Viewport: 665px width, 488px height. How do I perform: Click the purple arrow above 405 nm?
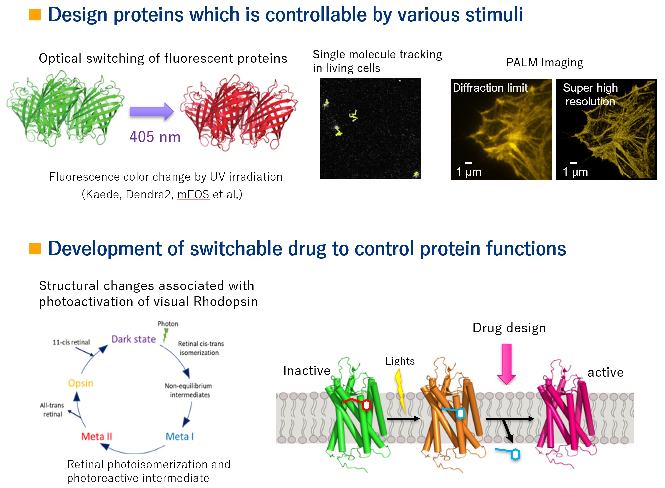(152, 112)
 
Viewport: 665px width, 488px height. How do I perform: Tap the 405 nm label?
(155, 137)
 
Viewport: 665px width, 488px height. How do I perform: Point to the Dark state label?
(133, 339)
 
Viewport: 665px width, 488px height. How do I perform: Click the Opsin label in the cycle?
(80, 383)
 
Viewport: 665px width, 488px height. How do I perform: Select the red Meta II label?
(97, 436)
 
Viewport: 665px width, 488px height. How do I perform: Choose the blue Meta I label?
(180, 436)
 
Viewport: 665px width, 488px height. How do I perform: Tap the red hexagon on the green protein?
(366, 405)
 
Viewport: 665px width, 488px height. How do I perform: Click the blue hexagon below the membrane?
(515, 454)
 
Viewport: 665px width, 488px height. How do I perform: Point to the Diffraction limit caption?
(490, 88)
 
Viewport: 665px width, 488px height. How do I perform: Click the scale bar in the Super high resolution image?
(573, 163)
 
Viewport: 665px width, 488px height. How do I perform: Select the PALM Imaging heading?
(544, 62)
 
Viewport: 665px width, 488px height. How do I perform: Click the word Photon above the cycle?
(168, 324)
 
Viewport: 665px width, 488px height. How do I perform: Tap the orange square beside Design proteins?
(35, 15)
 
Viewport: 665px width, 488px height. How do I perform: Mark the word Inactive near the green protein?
(307, 371)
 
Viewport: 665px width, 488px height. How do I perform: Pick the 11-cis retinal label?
(71, 342)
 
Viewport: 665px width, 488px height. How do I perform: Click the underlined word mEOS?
(194, 194)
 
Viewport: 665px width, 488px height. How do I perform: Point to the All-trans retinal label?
(52, 410)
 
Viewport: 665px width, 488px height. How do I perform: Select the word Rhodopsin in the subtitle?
(226, 302)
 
